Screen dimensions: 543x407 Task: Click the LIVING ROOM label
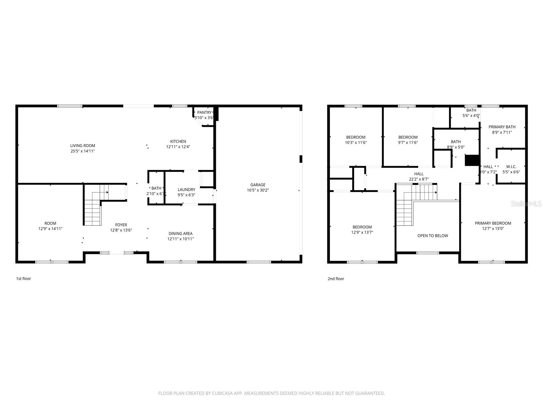point(82,146)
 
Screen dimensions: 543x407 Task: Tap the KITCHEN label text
point(178,141)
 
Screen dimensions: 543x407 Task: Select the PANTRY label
point(204,113)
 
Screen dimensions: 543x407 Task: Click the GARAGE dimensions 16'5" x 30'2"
point(258,190)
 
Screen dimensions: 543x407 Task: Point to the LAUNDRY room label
point(187,190)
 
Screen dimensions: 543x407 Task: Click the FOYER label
point(121,225)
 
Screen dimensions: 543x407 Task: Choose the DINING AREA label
point(181,234)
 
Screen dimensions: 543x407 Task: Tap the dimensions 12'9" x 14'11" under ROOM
point(51,229)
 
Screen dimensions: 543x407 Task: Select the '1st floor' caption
point(23,278)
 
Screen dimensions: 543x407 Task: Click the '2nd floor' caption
point(336,279)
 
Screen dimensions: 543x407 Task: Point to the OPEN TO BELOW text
point(433,236)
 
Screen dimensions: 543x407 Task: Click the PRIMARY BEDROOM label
point(493,224)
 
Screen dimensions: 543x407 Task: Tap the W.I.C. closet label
point(511,167)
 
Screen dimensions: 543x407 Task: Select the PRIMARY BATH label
point(502,127)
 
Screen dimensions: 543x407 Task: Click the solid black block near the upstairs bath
point(472,160)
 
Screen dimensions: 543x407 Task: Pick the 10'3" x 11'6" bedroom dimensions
point(356,142)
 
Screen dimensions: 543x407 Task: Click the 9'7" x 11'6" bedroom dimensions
point(408,142)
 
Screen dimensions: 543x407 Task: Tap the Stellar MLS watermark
point(526,204)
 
